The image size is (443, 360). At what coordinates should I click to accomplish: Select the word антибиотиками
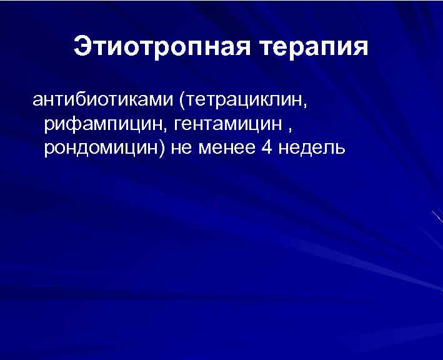(102, 100)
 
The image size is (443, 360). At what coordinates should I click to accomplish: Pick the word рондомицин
(99, 149)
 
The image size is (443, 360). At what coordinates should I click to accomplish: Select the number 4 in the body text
(260, 149)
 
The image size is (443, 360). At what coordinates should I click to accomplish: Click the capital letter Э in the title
(82, 47)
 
